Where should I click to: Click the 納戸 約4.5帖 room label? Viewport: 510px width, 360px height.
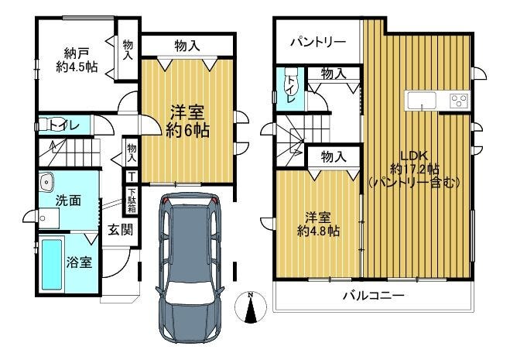point(77,60)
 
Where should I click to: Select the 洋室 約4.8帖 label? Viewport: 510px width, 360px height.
point(318,224)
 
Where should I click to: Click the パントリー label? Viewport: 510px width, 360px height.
point(318,43)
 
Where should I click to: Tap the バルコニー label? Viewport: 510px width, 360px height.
point(374,296)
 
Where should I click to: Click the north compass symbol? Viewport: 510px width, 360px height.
point(251,307)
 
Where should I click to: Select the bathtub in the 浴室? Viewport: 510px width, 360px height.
point(52,265)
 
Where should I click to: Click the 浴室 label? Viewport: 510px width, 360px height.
point(80,262)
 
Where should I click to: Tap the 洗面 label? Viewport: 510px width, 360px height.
point(68,201)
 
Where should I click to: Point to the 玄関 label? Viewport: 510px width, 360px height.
point(121,231)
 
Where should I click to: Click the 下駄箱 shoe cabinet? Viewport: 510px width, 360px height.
point(132,201)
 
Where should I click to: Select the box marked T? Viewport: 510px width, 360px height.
point(132,177)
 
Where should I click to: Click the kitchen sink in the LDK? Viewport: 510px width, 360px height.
point(422,100)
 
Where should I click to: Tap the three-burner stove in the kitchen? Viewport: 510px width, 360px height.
point(459,100)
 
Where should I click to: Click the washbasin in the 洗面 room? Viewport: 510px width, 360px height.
point(46,181)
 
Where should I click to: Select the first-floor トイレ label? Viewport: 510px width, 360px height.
point(64,125)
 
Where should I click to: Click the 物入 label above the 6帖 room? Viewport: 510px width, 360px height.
point(187,46)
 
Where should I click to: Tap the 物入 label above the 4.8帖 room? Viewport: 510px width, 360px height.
point(334,157)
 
